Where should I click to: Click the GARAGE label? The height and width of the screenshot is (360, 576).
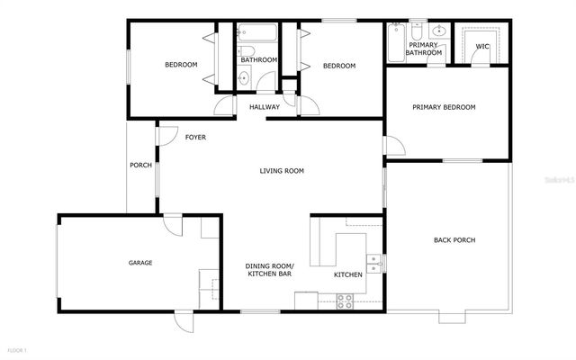coord(139,263)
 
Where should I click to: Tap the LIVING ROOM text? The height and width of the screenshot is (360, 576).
coord(282,171)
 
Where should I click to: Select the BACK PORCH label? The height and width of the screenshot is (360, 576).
coord(454,239)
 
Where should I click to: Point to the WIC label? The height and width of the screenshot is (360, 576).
coord(482,46)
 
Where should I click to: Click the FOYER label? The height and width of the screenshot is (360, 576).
coord(195,138)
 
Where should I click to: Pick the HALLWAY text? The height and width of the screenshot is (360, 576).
coord(265,107)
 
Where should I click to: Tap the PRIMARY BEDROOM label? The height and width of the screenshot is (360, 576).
coord(444,107)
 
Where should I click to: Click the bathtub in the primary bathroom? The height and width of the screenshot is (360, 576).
coord(396,43)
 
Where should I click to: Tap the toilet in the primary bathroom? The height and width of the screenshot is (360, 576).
coord(417,31)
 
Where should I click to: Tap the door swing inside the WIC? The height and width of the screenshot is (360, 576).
coord(481,58)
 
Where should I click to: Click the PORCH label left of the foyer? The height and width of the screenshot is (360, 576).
coord(140,165)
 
